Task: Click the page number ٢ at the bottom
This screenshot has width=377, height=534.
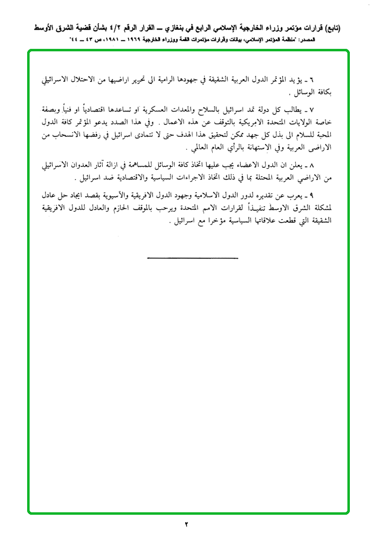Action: (x=187, y=524)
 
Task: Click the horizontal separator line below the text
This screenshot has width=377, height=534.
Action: (x=192, y=258)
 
